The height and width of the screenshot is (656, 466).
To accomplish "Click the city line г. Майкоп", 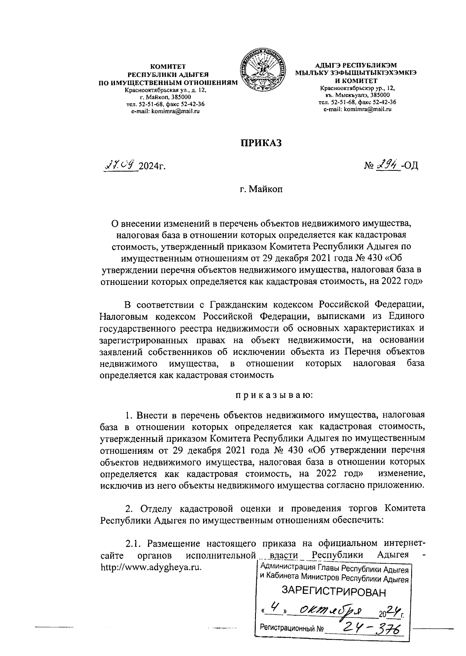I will (x=261, y=190).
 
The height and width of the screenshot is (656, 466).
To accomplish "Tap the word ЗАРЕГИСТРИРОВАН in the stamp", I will (x=334, y=592).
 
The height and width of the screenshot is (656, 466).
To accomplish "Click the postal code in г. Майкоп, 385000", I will (x=182, y=97).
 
